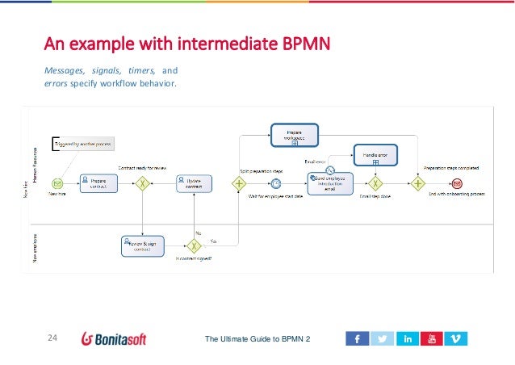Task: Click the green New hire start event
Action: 58,182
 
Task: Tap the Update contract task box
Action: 194,182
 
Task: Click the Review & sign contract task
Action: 141,245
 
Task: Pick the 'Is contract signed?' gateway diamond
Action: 194,245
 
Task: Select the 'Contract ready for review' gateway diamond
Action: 142,182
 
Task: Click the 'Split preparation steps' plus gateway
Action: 239,183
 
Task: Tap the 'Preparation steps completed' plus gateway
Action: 418,183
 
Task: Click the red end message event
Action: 456,183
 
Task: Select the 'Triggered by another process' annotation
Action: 84,144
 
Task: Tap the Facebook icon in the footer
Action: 356,339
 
